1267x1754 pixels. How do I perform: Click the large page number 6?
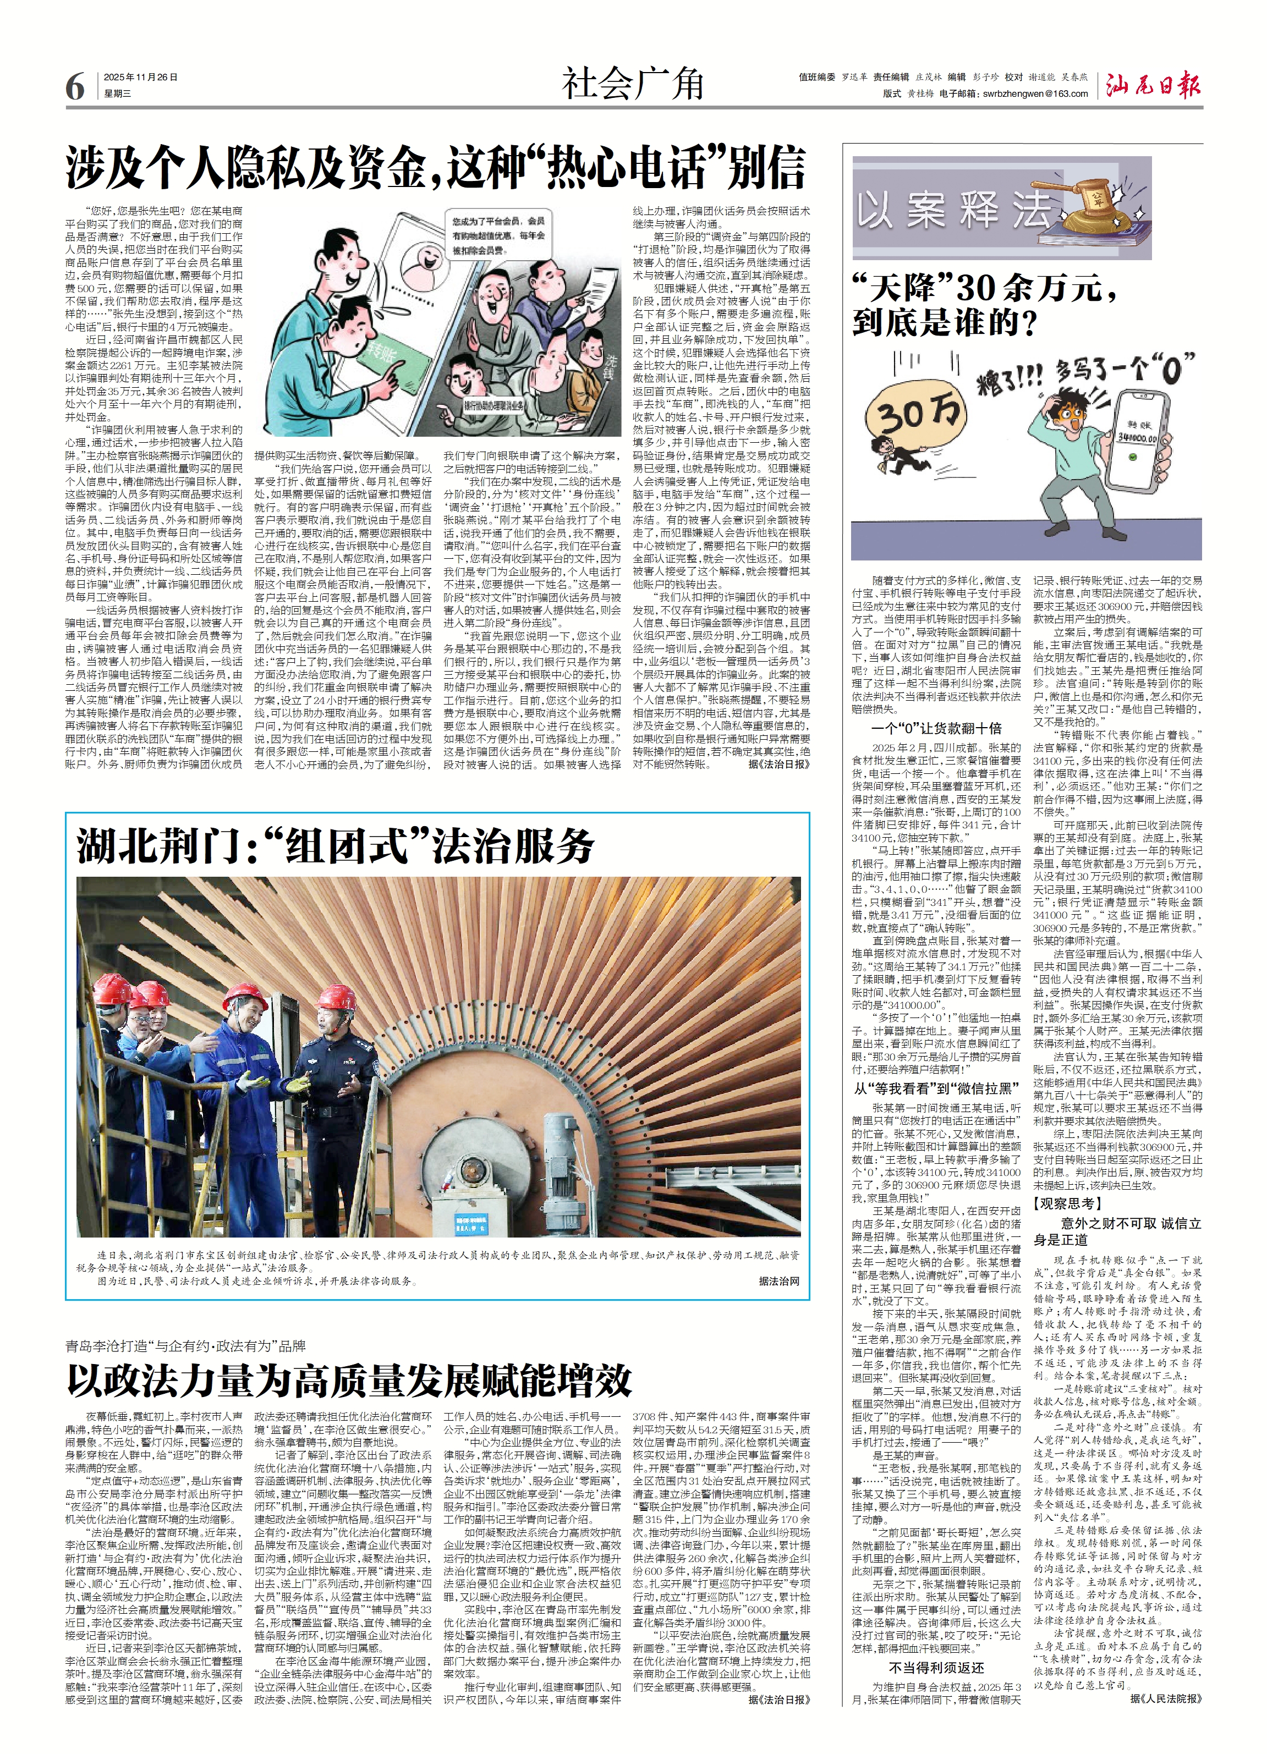coord(75,86)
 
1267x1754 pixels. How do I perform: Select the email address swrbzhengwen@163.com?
coord(1035,94)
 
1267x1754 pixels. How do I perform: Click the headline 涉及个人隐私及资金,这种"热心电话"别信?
coord(436,168)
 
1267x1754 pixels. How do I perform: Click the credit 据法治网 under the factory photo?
coord(778,1280)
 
